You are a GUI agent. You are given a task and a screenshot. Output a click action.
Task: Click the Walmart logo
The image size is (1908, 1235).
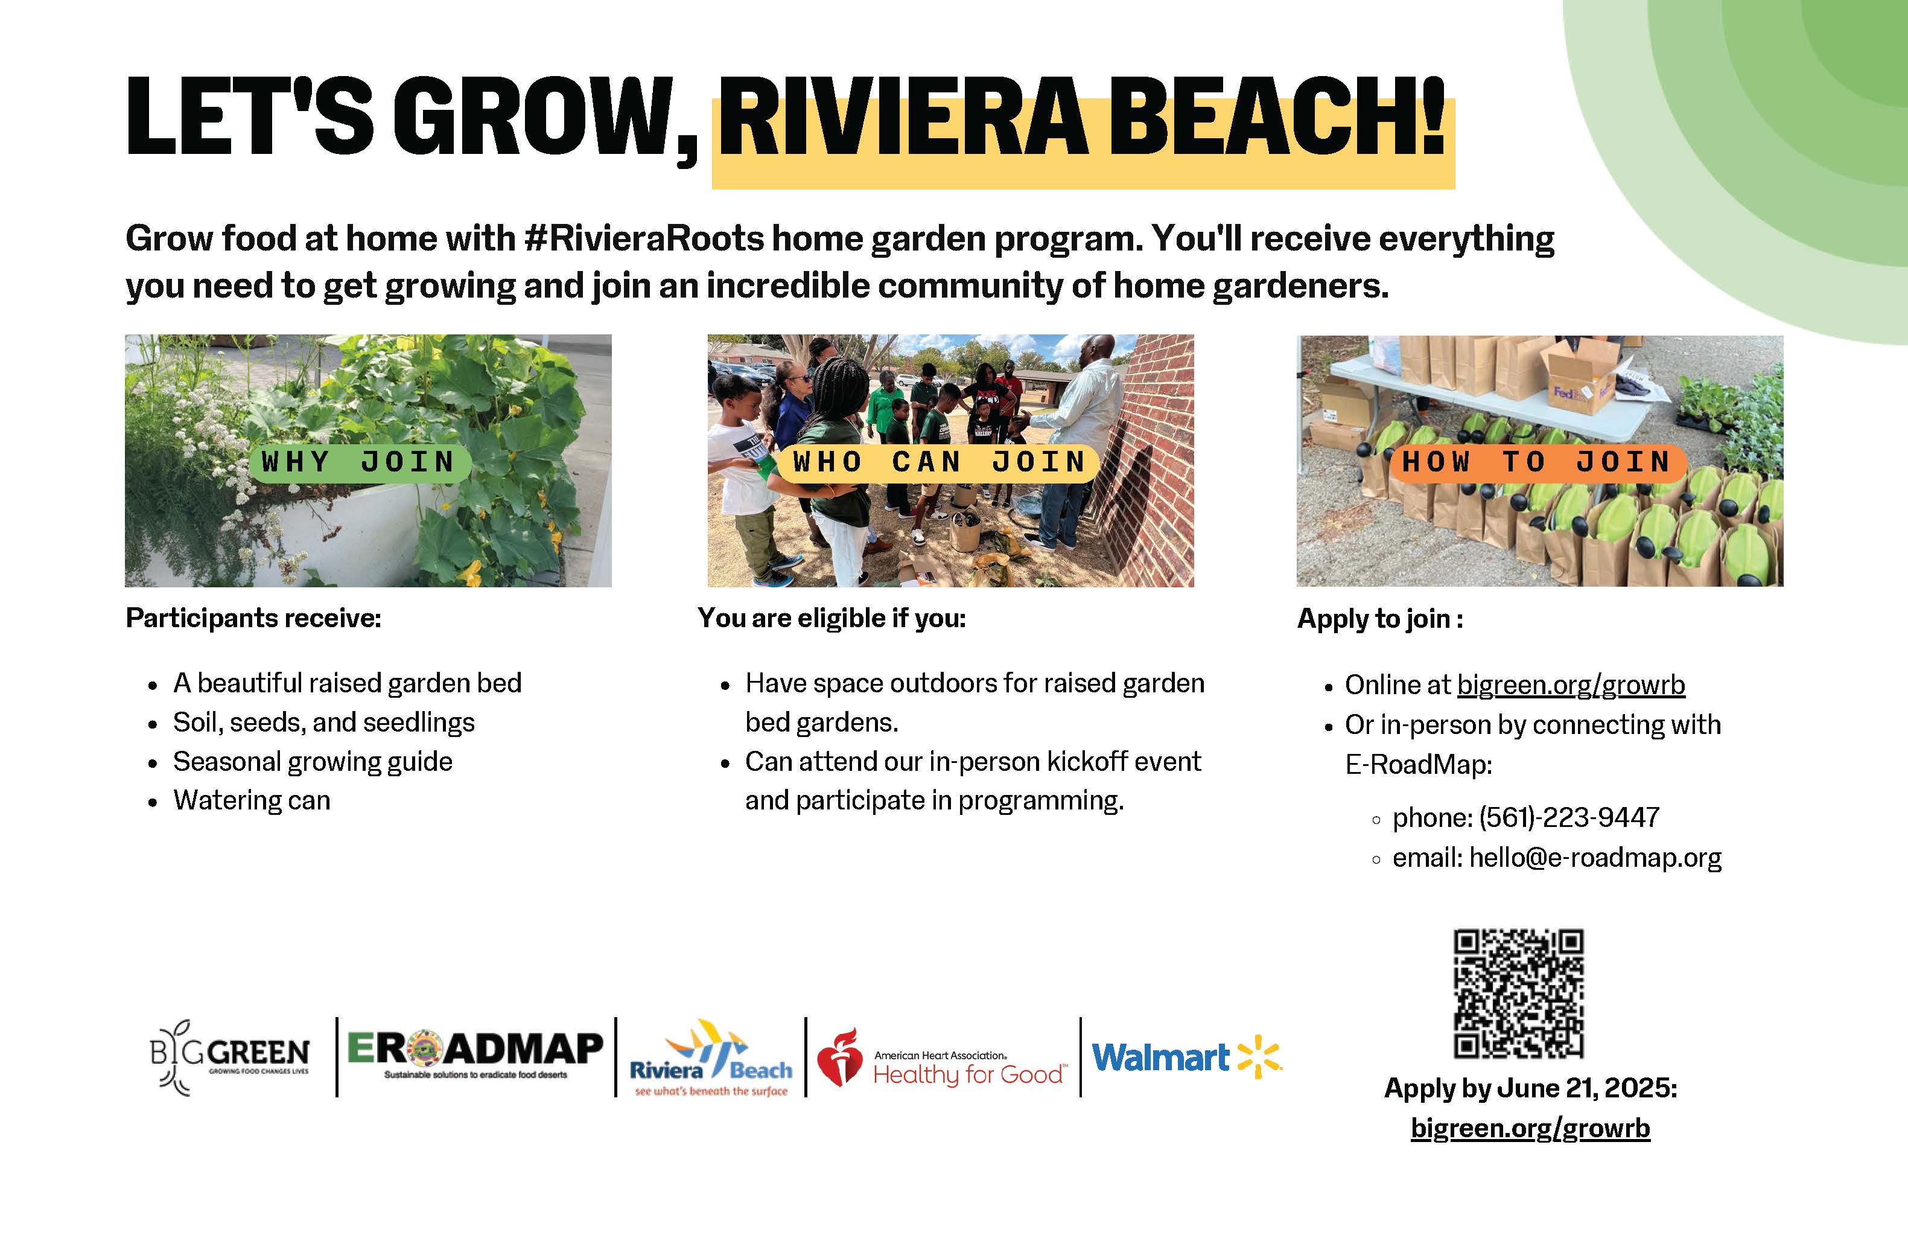tap(1186, 1057)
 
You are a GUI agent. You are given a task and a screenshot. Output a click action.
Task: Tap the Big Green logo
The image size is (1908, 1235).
tap(229, 1057)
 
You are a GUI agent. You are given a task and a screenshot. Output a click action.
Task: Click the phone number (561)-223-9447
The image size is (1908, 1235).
tap(1569, 817)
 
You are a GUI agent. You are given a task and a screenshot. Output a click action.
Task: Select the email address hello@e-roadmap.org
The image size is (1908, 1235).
tap(1595, 857)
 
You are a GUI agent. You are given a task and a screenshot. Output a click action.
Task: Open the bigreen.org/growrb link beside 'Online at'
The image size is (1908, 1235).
tap(1571, 685)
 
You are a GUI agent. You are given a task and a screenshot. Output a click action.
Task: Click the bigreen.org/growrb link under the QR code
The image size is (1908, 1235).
tap(1530, 1128)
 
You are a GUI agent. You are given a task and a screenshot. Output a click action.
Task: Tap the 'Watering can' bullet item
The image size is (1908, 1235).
tap(252, 800)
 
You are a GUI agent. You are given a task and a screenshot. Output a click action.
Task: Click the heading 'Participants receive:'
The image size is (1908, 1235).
tap(253, 617)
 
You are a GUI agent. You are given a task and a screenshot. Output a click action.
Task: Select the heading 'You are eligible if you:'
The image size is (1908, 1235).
tap(832, 617)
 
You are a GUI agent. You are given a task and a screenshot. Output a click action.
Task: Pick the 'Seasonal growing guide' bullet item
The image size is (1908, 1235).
tap(313, 762)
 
